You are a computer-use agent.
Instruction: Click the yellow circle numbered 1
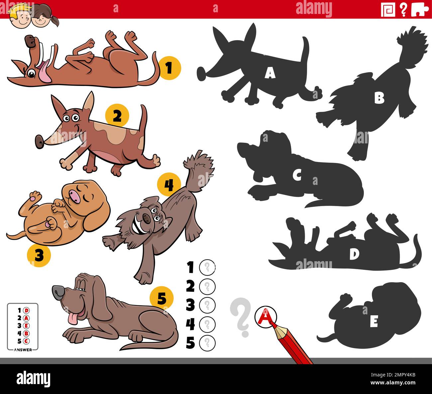pos(169,68)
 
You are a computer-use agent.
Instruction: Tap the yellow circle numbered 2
pos(117,116)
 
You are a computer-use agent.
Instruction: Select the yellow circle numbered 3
pos(39,255)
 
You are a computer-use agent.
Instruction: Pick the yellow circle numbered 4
pos(169,185)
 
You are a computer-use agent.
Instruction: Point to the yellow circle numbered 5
pos(162,298)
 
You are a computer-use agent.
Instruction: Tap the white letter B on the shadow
pos(379,98)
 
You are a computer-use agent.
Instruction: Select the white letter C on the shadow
pos(297,175)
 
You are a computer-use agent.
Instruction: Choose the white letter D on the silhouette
pos(354,254)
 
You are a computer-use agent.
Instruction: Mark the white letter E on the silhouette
pos(374,322)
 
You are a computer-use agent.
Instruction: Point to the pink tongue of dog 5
pos(73,318)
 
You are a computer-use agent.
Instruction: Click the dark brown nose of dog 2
pos(40,142)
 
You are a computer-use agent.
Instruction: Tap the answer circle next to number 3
pos(207,305)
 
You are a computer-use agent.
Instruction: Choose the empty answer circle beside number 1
pos(207,268)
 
